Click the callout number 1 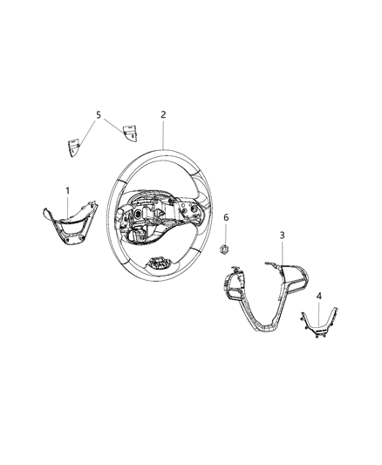tap(67, 191)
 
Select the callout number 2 tap(163, 114)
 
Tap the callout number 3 tap(282, 236)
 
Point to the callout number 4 tap(319, 296)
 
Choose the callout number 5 tap(99, 114)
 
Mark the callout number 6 tap(226, 217)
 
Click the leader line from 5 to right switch tap(113, 126)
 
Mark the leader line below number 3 tap(282, 252)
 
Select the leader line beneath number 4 tap(319, 312)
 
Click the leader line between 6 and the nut tap(226, 234)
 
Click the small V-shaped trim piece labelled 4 tap(319, 324)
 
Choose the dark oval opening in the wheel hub tap(138, 214)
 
